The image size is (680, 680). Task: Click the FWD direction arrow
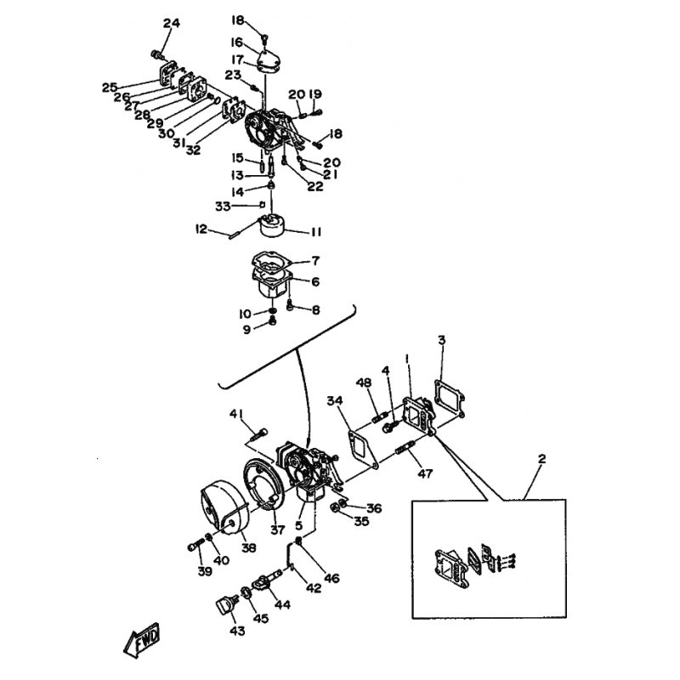pos(142,640)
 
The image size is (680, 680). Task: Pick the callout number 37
pos(276,530)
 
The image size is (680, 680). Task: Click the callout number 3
pos(441,341)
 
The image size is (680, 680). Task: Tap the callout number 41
pos(235,413)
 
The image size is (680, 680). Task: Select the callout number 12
pos(201,228)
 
